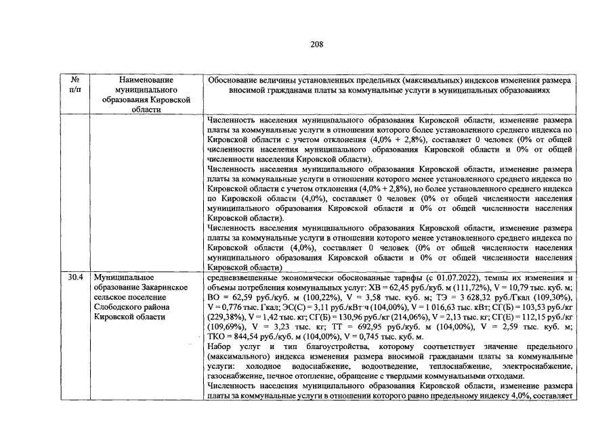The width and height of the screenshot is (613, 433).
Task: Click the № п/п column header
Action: click(x=75, y=85)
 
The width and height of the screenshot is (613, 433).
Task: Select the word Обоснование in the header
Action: click(x=236, y=80)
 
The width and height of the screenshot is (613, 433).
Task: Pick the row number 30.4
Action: click(x=76, y=277)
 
